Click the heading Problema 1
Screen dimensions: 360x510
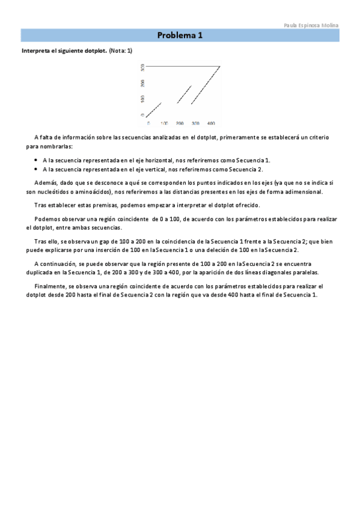180,35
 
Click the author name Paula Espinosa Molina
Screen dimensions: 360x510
311,25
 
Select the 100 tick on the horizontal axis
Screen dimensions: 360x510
164,123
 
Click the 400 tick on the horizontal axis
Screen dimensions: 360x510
211,123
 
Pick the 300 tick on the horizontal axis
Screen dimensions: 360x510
195,123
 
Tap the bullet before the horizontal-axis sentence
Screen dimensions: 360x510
36,161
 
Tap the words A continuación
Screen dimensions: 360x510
55,264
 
